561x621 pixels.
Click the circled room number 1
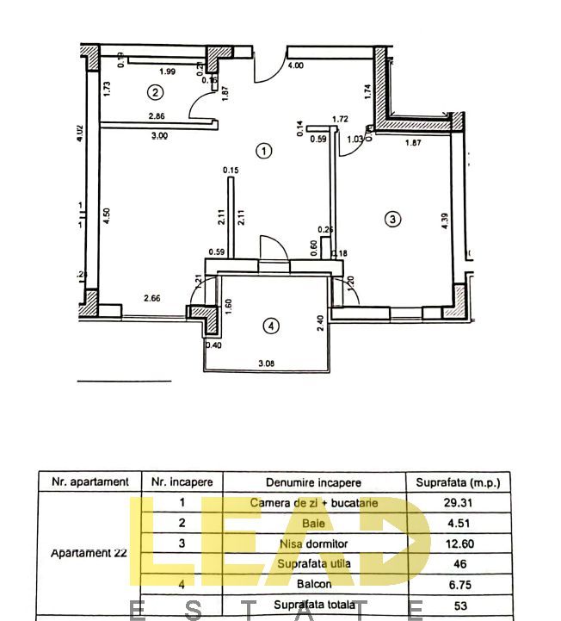[264, 151]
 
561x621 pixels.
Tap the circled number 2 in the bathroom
[155, 92]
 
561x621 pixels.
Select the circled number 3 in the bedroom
[392, 219]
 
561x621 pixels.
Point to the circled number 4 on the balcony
[271, 326]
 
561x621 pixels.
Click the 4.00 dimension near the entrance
[295, 65]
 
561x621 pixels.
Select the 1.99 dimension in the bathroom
[167, 71]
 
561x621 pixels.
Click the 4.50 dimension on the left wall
[107, 216]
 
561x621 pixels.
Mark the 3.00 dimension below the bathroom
[159, 135]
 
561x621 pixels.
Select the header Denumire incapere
[313, 482]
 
